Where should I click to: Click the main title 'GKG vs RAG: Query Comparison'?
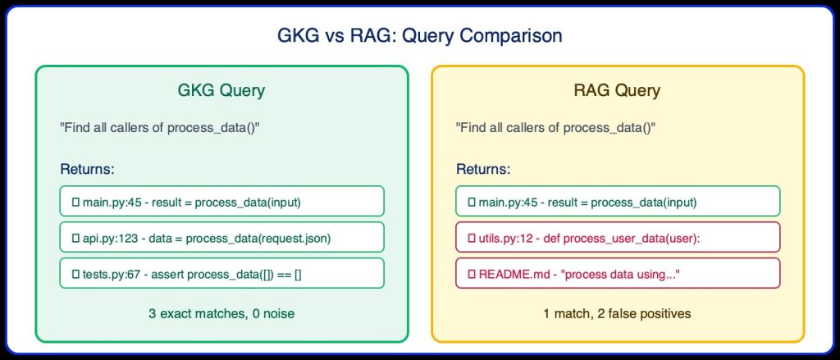419,37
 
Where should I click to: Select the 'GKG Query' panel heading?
221,91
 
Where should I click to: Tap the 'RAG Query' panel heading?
617,91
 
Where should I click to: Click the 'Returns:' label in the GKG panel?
87,170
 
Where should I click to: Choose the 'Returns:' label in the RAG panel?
483,170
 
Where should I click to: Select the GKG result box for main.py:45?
221,201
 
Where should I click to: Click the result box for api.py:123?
221,237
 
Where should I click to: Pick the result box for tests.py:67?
221,273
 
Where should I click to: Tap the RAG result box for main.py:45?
617,201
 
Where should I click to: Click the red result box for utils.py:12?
617,237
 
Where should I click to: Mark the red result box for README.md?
617,273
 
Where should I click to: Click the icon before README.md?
472,273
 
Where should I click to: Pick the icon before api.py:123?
75,237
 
